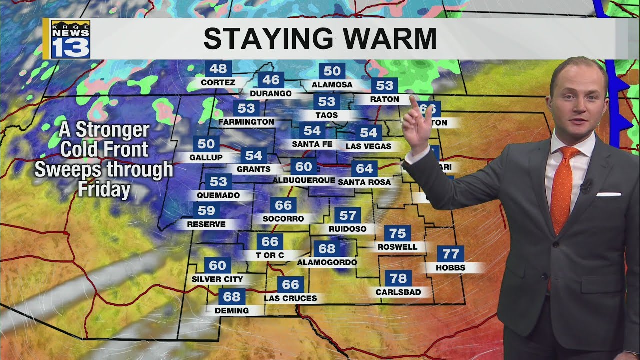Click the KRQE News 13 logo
pos(70,39)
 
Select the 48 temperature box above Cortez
pos(218,69)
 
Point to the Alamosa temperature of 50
pos(332,71)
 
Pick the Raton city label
pos(384,99)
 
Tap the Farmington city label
pos(246,122)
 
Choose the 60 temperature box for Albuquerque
pos(304,167)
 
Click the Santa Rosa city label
pos(364,182)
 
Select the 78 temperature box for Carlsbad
pos(398,278)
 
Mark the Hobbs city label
pos(450,268)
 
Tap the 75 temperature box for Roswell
pos(398,233)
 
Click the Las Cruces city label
pos(290,298)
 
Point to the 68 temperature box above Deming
pos(232,297)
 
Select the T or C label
pos(270,255)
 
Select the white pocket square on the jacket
pos(608,194)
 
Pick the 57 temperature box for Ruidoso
pos(347,215)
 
